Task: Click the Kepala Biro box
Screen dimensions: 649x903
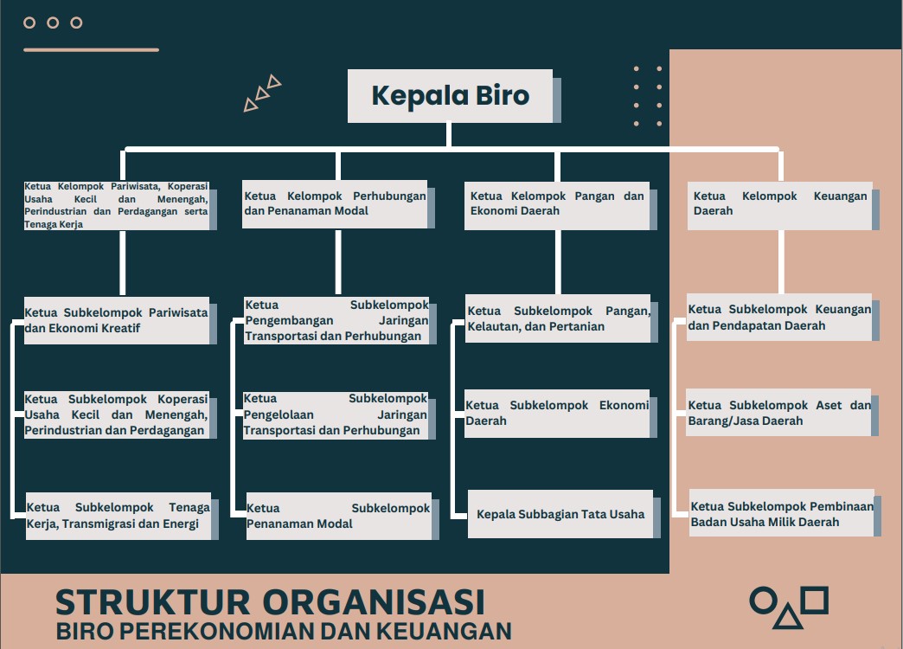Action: tap(450, 95)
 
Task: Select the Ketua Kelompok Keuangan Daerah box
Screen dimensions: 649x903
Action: tap(779, 204)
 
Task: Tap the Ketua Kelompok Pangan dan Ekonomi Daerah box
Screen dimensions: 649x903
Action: tap(557, 204)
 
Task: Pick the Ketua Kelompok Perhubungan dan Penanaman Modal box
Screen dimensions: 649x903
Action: tap(335, 204)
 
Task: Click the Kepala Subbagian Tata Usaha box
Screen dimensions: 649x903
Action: tap(560, 514)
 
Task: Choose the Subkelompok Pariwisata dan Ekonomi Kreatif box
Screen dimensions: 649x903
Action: tap(117, 320)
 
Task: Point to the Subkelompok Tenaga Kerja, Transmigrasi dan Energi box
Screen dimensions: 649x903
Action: tap(118, 516)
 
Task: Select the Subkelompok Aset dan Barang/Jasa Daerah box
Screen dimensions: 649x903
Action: tap(779, 413)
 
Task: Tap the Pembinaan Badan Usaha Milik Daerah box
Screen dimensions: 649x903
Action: tap(781, 514)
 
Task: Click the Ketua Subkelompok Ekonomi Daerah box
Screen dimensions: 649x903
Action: tap(557, 413)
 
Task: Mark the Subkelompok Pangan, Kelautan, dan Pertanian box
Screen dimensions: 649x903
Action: tap(558, 318)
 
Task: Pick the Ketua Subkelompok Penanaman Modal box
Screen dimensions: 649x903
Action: tap(338, 516)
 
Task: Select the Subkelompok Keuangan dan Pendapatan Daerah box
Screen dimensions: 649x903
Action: tap(779, 318)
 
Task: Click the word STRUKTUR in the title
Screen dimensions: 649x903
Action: tap(153, 602)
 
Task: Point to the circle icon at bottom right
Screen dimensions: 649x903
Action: tap(762, 599)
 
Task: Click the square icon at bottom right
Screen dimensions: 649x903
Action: tap(814, 599)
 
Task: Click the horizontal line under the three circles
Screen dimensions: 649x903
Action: tap(91, 50)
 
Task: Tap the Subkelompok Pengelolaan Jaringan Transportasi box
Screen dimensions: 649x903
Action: tap(336, 414)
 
